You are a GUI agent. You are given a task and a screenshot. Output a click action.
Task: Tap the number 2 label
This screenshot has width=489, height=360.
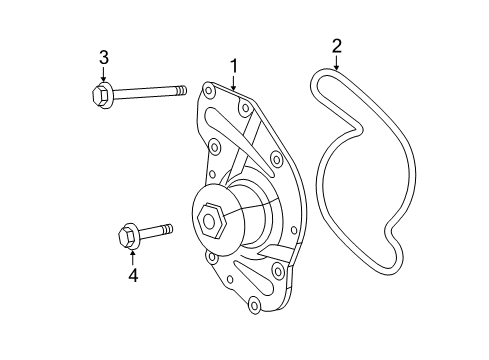click(x=336, y=44)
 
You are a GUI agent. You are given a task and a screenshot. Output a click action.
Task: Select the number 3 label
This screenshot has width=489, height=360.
click(x=103, y=57)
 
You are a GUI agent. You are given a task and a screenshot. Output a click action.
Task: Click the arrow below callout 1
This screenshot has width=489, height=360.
click(x=234, y=83)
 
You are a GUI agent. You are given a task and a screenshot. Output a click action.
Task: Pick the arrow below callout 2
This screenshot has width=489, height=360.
click(x=336, y=61)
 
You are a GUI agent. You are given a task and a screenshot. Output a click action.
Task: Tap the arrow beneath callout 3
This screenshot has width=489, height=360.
click(x=103, y=75)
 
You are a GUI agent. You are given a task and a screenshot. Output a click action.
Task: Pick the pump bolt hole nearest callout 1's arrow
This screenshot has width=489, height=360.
click(x=235, y=98)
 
